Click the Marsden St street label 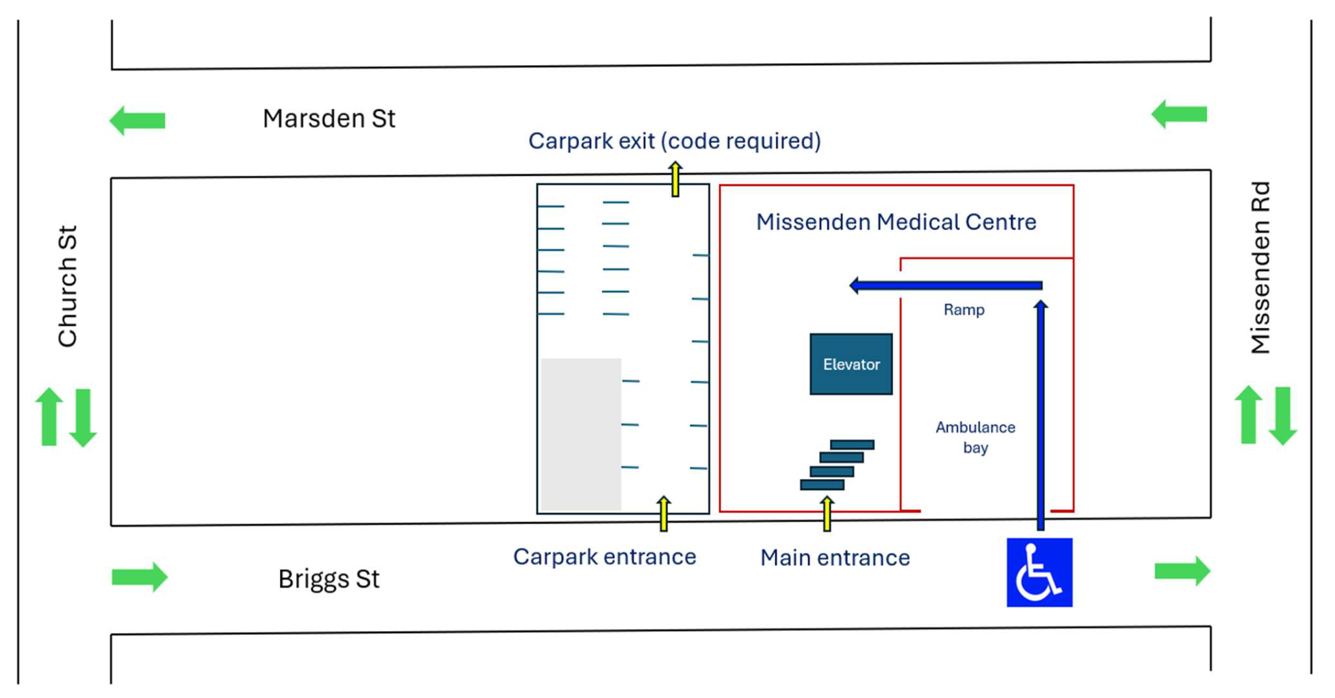coord(328,118)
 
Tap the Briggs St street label coord(328,579)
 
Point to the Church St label coord(67,286)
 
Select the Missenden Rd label coord(1260,268)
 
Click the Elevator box coord(851,364)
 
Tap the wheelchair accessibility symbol coord(1039,572)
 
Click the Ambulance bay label coord(975,437)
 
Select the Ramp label coord(964,310)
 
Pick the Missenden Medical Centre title coord(896,222)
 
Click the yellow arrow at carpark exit coord(675,179)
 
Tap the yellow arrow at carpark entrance coord(664,514)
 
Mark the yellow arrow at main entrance coord(827,514)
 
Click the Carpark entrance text coord(605,557)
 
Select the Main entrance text coord(835,558)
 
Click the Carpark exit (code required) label coord(675,141)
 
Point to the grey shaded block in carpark coord(581,435)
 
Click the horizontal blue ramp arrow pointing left coord(946,285)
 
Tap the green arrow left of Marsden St coord(138,120)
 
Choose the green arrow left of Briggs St coord(140,577)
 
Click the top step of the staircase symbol coord(852,445)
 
